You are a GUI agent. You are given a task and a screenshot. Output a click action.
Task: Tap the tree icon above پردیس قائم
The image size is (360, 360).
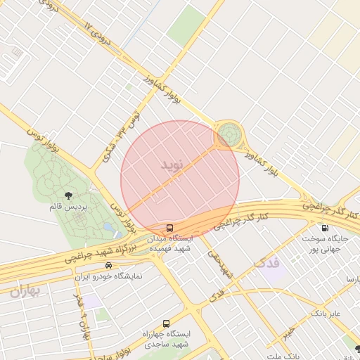pos(68,196)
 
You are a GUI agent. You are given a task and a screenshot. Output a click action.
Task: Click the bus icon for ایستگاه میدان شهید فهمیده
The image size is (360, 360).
pos(169,229)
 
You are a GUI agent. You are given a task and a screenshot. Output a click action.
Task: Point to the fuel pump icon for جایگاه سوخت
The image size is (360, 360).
pos(324,228)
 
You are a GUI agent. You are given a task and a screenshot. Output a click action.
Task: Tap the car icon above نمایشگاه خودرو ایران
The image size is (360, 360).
pos(108,265)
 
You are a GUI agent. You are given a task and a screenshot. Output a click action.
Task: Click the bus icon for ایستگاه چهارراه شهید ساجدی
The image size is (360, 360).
pos(165,324)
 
